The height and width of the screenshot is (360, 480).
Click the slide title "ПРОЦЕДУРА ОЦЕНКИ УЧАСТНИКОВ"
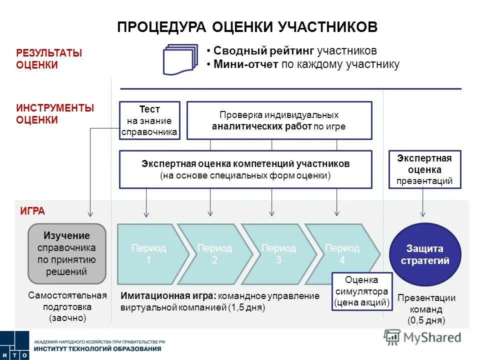point(247,27)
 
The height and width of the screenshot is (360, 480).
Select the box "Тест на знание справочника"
point(149,120)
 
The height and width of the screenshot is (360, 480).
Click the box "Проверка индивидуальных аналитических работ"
point(279,120)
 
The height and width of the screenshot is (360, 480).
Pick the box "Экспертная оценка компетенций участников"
point(245,169)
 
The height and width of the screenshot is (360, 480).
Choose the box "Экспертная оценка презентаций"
point(424,169)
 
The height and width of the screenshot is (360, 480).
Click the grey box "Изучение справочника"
point(66,253)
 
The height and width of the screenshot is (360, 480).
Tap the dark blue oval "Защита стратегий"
point(424,254)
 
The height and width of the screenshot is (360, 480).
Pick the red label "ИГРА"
point(32,211)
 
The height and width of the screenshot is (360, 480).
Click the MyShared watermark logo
point(423,337)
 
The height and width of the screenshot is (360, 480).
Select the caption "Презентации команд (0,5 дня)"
point(426,309)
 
